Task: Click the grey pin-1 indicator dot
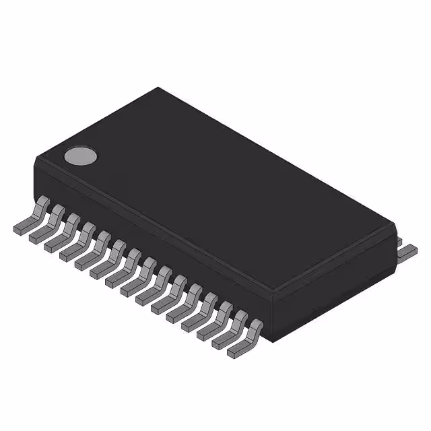80,156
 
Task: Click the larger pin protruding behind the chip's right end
406,252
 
